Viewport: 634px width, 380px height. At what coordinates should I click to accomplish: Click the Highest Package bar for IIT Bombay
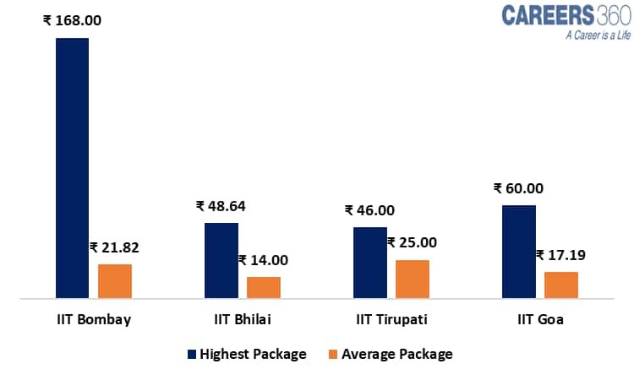tap(72, 168)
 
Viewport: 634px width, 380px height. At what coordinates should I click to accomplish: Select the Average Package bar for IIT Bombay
tap(115, 281)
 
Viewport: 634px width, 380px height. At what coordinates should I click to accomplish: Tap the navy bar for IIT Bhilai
tap(221, 260)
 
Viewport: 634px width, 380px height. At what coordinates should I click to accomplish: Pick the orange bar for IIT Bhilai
tap(263, 287)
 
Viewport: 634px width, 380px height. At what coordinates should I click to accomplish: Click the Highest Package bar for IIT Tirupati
tap(369, 263)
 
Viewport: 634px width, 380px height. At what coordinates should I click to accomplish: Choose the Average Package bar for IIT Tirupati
tap(412, 279)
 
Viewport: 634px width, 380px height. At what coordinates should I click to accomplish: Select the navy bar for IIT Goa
tap(518, 252)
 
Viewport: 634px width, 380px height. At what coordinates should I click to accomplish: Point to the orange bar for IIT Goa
tap(560, 285)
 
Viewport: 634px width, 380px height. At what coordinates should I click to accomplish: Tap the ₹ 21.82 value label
tap(114, 247)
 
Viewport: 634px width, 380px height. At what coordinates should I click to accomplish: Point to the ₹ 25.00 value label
tap(413, 243)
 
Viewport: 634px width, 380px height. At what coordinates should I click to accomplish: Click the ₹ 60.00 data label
tap(518, 188)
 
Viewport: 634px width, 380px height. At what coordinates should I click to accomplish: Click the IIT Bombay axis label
tap(93, 320)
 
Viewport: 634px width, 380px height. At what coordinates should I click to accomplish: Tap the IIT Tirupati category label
tap(391, 320)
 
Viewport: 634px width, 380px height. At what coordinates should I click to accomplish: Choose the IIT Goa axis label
tap(540, 320)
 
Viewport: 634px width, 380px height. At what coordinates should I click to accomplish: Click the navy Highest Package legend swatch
tap(192, 355)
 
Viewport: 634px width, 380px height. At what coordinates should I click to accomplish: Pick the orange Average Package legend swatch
tap(334, 355)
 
